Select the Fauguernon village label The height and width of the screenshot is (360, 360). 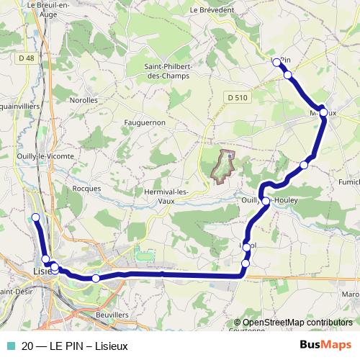145,122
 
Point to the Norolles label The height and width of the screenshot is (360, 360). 84,101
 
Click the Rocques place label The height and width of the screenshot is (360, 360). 86,189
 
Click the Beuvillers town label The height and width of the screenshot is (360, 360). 112,315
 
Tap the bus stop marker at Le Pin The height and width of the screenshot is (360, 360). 276,62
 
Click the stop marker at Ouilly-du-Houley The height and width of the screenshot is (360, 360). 266,201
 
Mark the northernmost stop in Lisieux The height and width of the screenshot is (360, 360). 35,217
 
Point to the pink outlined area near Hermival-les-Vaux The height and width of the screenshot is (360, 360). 225,165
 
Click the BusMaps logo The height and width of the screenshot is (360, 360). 325,344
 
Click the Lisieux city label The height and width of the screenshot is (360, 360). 43,271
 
